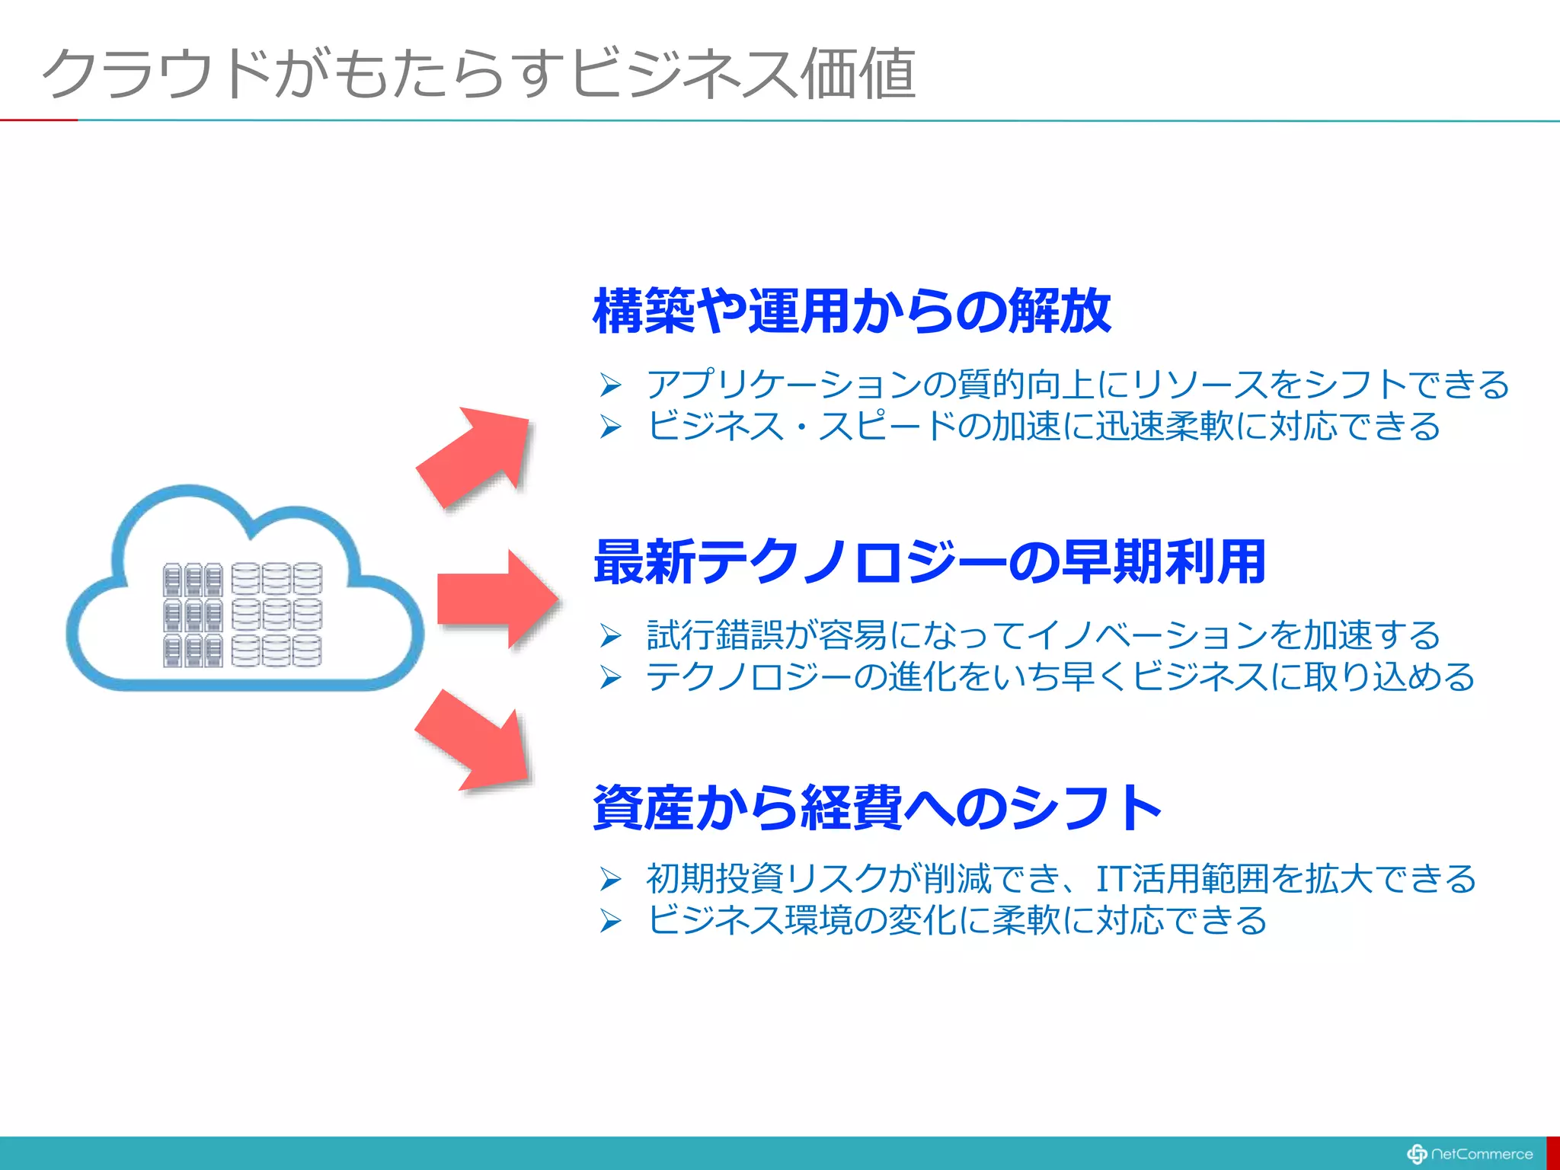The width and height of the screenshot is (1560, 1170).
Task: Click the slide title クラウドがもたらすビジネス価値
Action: point(478,73)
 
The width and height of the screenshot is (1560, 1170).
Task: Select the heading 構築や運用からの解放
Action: point(852,311)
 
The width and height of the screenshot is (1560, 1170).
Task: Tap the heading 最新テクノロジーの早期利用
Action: point(929,562)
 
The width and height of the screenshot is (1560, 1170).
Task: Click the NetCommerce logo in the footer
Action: point(1470,1154)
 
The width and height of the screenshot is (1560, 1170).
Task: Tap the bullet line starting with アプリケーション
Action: point(1077,385)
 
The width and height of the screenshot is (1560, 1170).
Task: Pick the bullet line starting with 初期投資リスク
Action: point(1060,879)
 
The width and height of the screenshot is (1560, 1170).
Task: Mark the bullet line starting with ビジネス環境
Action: point(957,921)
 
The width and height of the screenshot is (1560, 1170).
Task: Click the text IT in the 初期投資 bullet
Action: point(1112,879)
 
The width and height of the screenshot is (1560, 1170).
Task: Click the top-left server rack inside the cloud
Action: point(173,580)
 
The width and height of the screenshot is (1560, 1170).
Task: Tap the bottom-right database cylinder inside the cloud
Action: point(307,651)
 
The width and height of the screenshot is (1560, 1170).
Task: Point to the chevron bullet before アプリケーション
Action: point(610,385)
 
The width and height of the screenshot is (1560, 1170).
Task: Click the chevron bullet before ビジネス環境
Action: point(610,922)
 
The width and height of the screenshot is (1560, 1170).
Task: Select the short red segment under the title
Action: point(38,120)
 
